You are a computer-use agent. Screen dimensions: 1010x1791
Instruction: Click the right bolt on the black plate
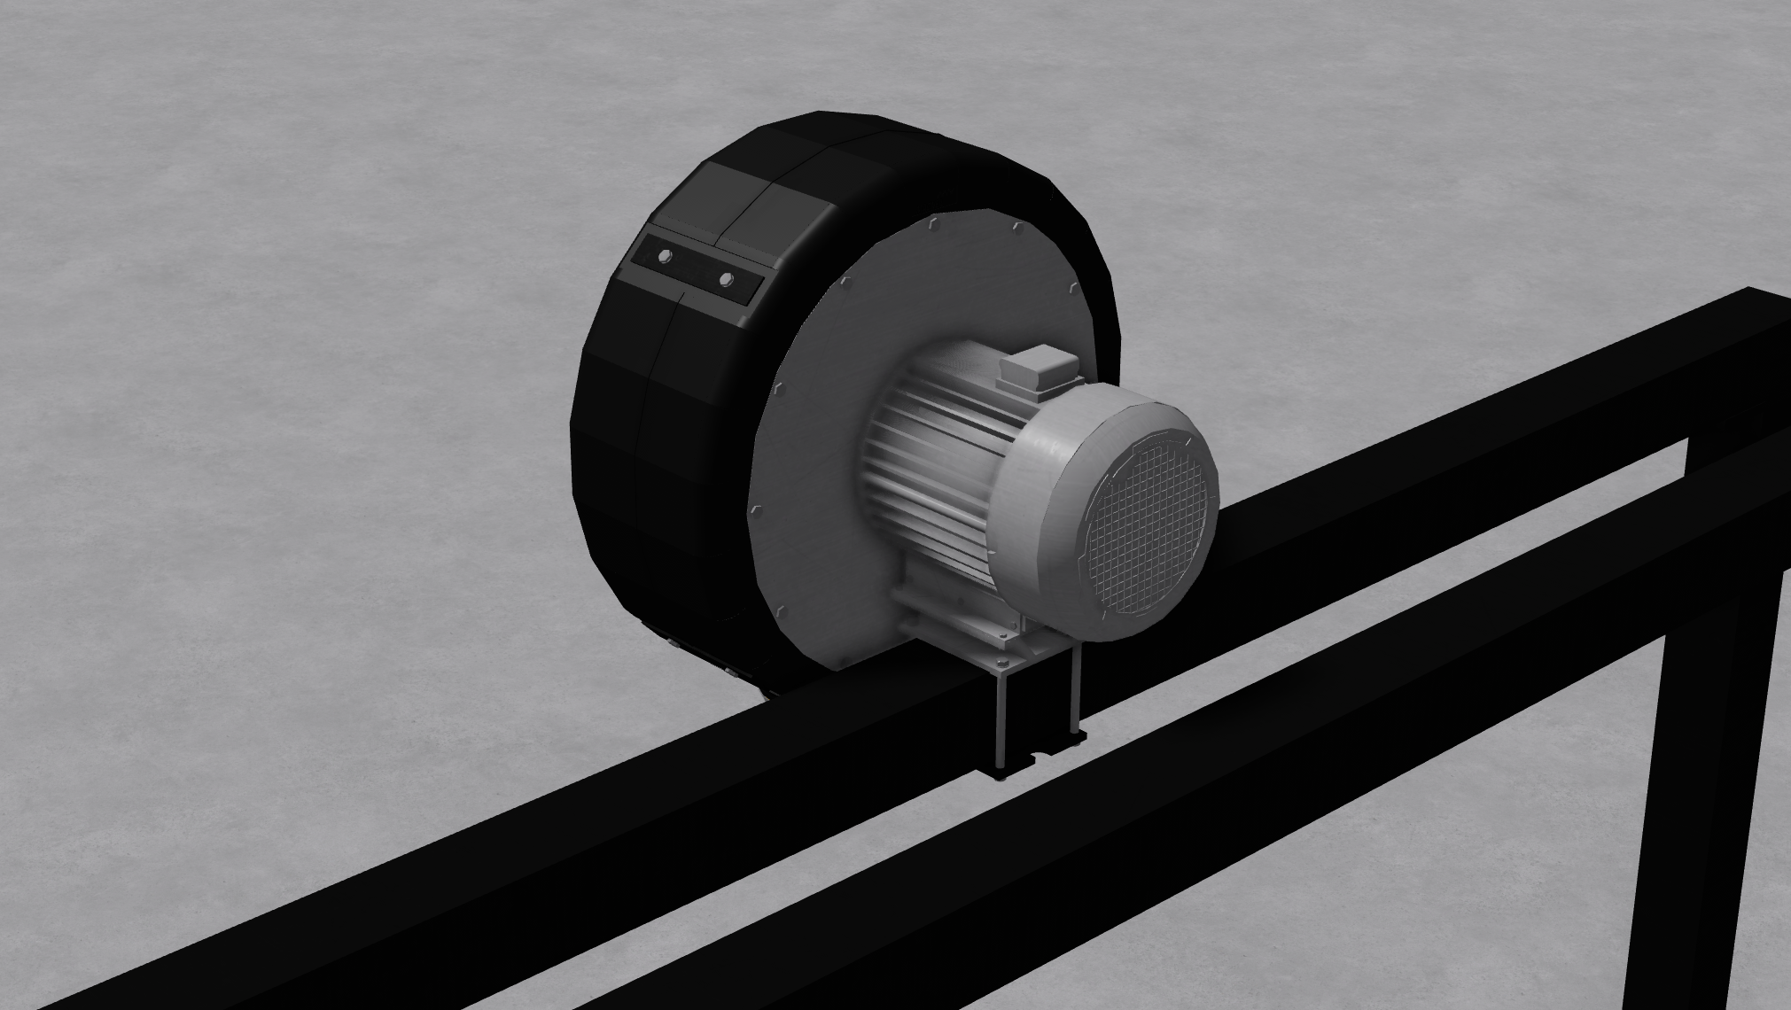point(727,280)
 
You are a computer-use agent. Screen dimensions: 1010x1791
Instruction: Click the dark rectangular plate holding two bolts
point(696,269)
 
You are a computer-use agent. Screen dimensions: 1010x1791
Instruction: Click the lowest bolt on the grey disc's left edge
point(782,610)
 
